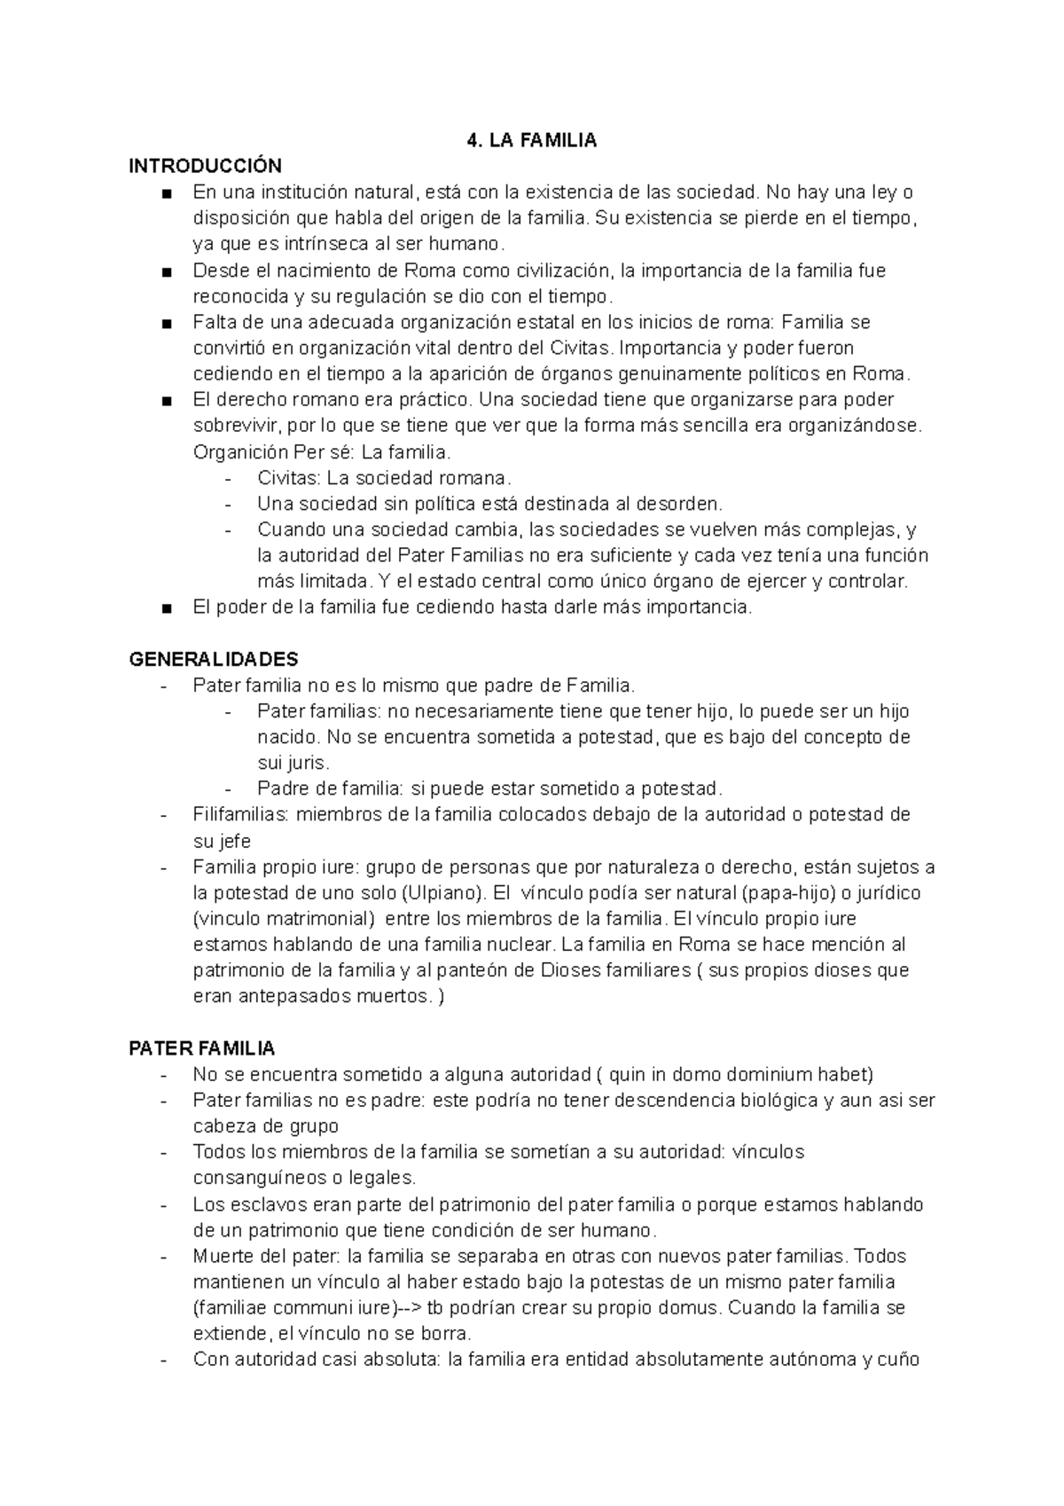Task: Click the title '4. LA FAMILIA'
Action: [x=531, y=140]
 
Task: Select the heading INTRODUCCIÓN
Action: [x=205, y=166]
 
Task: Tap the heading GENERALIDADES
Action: [x=214, y=660]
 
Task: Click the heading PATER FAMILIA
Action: [x=202, y=1049]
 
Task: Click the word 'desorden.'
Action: [x=684, y=505]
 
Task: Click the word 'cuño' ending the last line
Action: [x=902, y=1360]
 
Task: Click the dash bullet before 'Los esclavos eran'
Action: [x=164, y=1205]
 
